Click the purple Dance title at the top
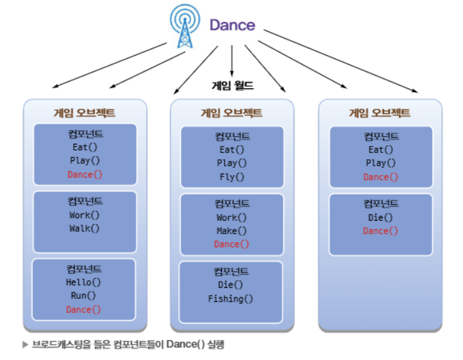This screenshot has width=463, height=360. click(232, 25)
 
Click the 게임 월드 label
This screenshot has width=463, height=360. click(232, 86)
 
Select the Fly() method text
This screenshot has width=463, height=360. click(232, 177)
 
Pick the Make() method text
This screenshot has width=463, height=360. click(232, 231)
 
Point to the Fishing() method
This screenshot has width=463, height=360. click(231, 298)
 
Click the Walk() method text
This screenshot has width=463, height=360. click(84, 228)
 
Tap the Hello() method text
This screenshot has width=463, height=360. click(84, 282)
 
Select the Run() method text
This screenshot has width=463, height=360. click(84, 296)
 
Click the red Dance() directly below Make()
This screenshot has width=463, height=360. click(232, 244)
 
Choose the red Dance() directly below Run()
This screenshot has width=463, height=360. click(84, 310)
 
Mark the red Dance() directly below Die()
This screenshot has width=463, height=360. click(381, 231)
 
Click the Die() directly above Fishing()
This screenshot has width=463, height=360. click(231, 285)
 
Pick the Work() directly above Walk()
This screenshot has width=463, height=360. click(84, 215)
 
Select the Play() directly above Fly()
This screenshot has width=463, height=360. click(232, 163)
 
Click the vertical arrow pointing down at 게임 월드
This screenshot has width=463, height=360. click(232, 64)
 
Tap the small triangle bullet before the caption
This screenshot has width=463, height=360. click(25, 345)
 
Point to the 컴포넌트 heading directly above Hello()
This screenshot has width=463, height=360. click(84, 269)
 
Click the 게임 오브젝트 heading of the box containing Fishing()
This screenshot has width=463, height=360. click(231, 113)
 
